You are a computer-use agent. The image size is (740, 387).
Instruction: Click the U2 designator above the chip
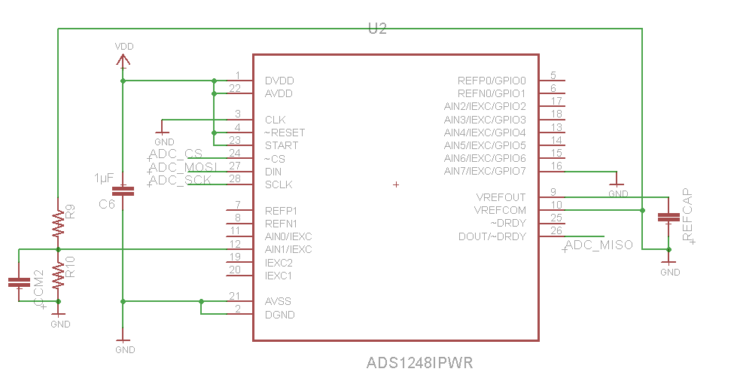377,29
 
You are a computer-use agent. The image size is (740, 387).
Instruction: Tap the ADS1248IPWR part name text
419,362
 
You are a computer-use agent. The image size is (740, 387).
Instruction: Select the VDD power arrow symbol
123,60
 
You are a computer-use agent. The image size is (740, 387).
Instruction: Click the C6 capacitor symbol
123,191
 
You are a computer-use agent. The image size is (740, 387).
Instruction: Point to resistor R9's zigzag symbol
58,223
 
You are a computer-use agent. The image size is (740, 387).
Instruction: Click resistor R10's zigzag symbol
58,275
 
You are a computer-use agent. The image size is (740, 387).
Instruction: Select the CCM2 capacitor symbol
19,282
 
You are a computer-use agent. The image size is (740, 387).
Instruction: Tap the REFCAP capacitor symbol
668,217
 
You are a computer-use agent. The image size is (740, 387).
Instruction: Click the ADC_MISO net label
598,245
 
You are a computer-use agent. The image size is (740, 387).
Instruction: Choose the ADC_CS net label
176,154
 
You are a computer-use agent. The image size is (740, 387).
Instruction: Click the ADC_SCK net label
180,180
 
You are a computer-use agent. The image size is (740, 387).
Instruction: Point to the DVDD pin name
279,81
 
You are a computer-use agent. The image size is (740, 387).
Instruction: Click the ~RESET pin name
285,133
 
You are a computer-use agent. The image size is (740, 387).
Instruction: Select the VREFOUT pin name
501,197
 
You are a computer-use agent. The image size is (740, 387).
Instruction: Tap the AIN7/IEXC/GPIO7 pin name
485,172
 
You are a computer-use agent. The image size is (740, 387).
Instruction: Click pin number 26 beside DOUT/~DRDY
556,230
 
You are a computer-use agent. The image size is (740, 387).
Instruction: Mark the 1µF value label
104,178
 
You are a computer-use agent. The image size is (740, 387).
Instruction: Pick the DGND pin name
280,315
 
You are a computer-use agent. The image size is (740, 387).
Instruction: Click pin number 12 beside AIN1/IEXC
235,243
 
